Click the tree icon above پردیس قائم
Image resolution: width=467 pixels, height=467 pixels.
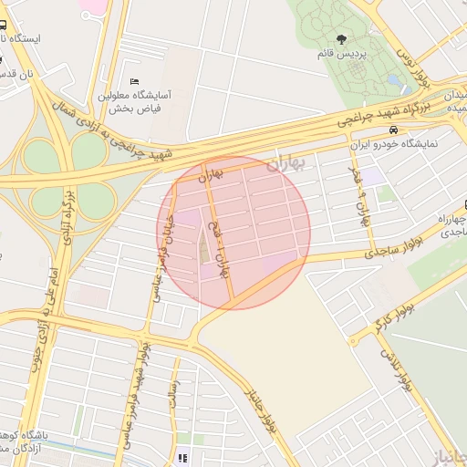[341, 39]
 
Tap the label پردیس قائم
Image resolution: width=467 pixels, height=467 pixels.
[340, 55]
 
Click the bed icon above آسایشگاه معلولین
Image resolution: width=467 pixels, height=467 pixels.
[135, 81]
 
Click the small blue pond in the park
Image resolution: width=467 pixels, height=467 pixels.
[394, 80]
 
